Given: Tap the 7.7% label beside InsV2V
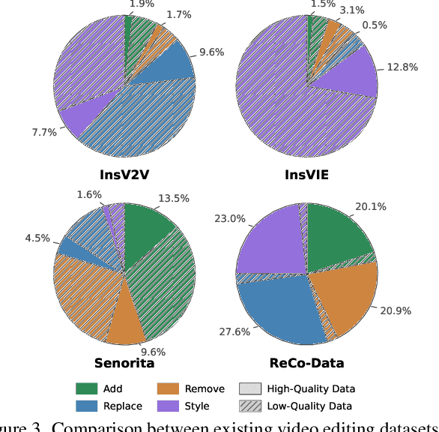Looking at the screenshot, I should (x=44, y=131).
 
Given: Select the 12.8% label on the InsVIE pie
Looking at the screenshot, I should (x=402, y=67).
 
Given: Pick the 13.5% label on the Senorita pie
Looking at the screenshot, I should (x=173, y=199).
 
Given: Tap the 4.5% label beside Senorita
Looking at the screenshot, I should (x=37, y=238).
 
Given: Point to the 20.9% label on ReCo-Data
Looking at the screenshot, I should (x=396, y=310).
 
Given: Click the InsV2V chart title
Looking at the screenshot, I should (x=124, y=175).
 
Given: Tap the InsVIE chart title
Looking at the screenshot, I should (x=307, y=175).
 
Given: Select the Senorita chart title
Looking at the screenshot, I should (x=124, y=363).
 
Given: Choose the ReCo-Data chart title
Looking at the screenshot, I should (x=307, y=363).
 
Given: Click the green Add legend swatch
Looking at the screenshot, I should (x=87, y=388).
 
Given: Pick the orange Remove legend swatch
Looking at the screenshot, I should (x=169, y=388).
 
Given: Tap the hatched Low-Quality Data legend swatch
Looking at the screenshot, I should (x=250, y=406).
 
